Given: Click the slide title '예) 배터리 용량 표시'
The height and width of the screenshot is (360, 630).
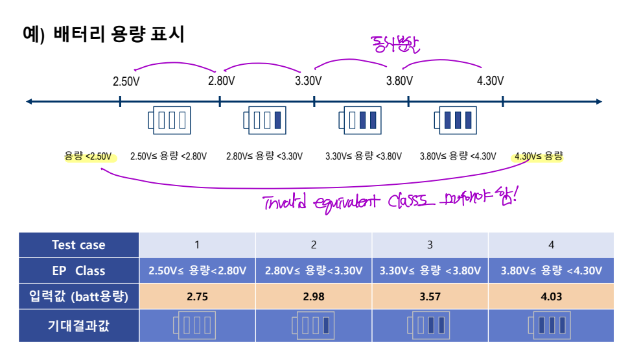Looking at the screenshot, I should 103,34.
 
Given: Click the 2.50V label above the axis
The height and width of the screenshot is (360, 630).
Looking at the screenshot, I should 126,81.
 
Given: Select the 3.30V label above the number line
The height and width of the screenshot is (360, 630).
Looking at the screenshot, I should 309,81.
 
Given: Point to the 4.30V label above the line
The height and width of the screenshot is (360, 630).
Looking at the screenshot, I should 490,81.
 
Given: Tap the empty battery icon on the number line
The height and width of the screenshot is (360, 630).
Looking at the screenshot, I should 170,120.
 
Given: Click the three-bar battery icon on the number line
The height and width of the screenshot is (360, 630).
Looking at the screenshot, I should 455,120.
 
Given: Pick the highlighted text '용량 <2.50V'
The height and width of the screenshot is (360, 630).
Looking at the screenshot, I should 88,156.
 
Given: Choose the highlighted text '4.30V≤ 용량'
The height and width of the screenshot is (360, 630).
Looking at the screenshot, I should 538,156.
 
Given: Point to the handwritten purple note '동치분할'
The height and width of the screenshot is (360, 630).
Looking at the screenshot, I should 395,45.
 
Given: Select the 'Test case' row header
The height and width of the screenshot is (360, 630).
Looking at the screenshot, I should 78,245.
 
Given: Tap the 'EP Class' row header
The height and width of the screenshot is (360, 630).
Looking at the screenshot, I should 78,270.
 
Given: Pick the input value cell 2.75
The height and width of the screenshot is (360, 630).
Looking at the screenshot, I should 197,297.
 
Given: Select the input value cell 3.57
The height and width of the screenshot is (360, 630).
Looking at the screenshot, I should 430,297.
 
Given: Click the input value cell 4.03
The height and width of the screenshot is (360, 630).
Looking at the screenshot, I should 551,297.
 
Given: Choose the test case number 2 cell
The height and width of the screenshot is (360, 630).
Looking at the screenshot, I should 314,245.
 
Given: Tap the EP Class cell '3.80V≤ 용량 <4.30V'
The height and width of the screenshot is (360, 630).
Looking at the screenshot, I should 551,270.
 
